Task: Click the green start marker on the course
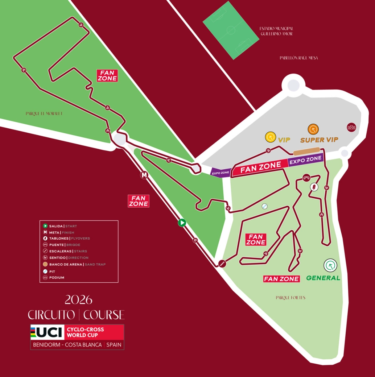[182, 223]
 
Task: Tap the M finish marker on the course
[145, 175]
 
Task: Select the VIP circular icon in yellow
[270, 137]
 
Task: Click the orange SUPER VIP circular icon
[313, 129]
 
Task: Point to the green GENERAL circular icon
[330, 265]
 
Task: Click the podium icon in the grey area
[351, 127]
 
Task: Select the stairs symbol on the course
[223, 264]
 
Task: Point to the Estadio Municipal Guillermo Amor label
[276, 31]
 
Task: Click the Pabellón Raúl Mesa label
[298, 58]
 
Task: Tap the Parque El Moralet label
[44, 113]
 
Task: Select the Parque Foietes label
[290, 298]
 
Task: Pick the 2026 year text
[78, 300]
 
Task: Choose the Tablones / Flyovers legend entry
[69, 239]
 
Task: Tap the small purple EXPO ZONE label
[221, 173]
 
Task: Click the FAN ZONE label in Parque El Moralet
[107, 75]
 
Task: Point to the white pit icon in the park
[265, 206]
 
